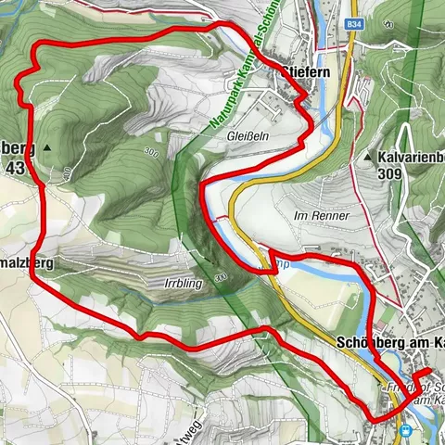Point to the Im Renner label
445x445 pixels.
[321, 215]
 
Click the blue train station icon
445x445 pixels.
[405, 429]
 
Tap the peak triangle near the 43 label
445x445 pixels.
[44, 146]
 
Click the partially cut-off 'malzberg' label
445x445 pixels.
[28, 263]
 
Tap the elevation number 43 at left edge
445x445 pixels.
[14, 168]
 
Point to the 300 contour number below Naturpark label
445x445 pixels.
[150, 150]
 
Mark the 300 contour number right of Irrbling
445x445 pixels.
[220, 276]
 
